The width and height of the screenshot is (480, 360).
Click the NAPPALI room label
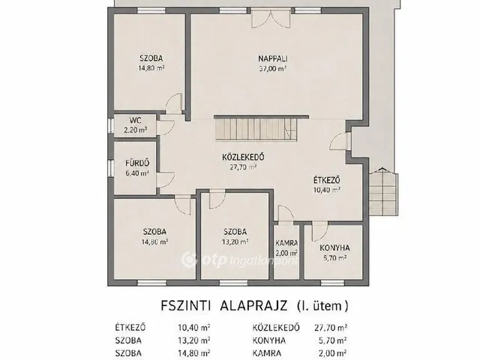273,58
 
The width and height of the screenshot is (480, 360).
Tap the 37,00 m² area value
273,68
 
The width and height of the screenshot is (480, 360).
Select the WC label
135,120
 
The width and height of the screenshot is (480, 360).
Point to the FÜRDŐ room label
137,163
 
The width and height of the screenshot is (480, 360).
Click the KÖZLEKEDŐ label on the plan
243,157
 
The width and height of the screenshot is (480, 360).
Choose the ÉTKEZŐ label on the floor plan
327,180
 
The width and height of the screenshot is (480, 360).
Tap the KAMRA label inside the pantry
286,243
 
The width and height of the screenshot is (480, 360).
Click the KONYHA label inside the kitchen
335,247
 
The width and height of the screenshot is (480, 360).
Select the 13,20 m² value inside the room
235,241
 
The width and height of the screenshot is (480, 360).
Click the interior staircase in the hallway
256,129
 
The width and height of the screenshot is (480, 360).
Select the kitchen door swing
320,232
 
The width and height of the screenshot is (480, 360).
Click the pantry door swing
285,213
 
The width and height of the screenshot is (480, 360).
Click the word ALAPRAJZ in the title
253,305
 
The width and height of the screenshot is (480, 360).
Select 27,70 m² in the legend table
331,328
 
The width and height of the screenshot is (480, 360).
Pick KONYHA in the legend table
268,340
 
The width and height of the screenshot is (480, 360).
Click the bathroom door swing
166,180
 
